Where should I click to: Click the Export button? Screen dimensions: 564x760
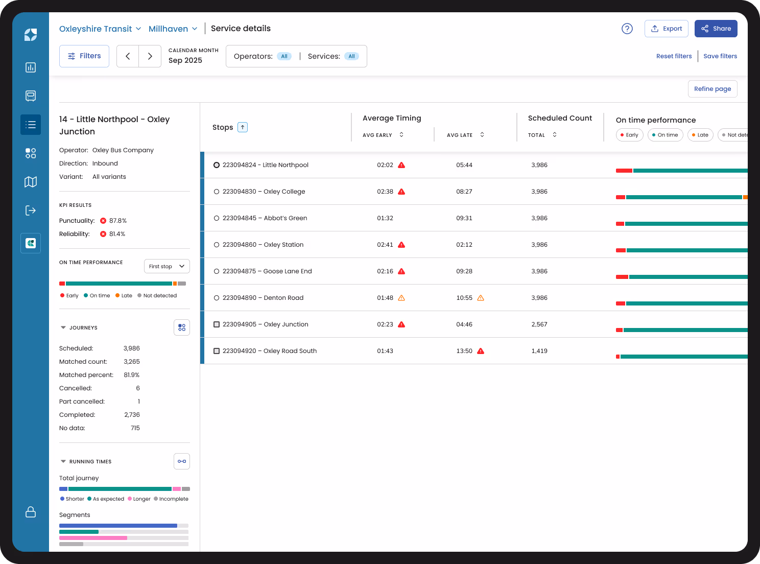pos(666,29)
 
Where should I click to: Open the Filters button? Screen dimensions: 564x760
pos(84,56)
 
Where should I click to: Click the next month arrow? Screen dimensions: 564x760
pos(150,56)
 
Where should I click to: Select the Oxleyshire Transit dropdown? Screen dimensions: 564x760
pos(100,29)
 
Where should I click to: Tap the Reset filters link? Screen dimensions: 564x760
pos(674,56)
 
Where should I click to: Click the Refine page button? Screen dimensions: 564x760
pos(712,89)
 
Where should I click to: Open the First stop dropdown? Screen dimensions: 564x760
pos(167,266)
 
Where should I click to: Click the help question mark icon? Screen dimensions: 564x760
pos(627,29)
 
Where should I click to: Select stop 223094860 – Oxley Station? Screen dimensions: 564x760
pos(263,245)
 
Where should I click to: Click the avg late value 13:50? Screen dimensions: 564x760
pos(464,351)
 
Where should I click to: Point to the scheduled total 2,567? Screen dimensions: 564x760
pos(539,324)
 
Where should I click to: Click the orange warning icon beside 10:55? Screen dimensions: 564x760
pos(481,298)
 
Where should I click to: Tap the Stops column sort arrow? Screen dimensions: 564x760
pos(243,127)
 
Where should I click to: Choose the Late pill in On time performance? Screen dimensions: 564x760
pos(700,135)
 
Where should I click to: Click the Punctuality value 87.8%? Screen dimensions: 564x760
pos(117,221)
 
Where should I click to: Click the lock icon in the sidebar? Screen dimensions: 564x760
pos(31,512)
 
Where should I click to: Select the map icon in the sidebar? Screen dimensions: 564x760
pos(31,182)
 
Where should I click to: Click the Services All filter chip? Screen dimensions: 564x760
pos(351,56)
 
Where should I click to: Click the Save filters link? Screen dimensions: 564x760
pos(720,56)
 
